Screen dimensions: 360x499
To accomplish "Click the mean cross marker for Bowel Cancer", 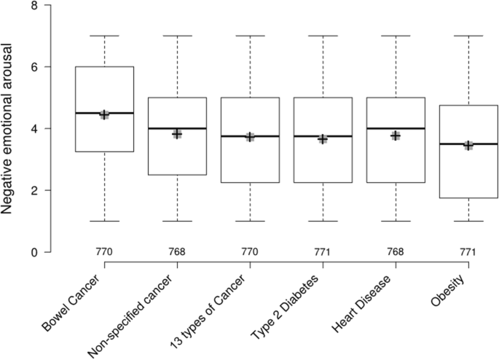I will coord(105,114).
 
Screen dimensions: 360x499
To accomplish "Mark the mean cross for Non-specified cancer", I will coord(177,134).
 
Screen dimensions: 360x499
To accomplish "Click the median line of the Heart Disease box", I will coord(396,128).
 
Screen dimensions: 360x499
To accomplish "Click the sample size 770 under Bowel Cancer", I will coord(105,252).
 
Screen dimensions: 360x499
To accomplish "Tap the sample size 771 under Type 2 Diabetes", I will coord(323,252).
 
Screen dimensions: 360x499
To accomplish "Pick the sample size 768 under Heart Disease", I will coord(396,252).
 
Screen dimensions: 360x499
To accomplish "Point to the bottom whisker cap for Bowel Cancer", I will coord(105,221).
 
